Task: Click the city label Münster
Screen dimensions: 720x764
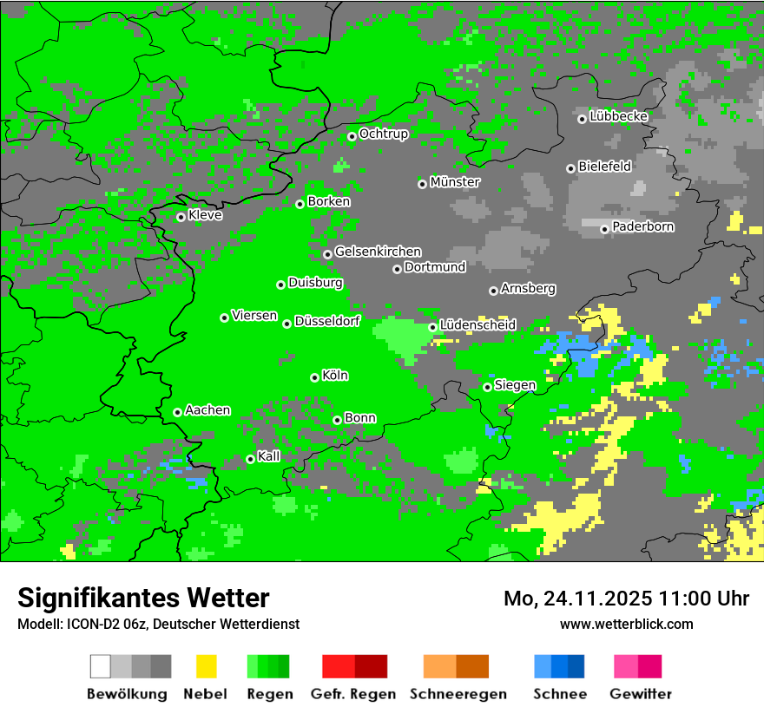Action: tap(455, 182)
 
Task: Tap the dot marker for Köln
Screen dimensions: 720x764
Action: tap(314, 377)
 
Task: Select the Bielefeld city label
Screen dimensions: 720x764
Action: tap(605, 167)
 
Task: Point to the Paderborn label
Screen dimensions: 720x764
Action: tap(643, 227)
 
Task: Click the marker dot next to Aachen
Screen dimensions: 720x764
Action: tap(177, 412)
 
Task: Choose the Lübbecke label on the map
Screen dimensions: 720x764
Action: tap(619, 116)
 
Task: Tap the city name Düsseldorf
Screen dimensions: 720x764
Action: tap(327, 321)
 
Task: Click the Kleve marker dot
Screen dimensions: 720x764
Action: tap(181, 217)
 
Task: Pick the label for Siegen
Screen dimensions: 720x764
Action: tap(515, 385)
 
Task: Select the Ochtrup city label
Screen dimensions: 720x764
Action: tap(384, 134)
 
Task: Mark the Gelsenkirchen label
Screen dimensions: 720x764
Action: tap(378, 252)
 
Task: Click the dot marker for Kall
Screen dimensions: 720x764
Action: tap(250, 459)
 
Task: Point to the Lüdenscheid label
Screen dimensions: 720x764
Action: tap(477, 325)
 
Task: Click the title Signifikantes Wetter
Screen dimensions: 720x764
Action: tap(143, 598)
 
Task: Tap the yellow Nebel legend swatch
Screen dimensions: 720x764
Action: tap(206, 666)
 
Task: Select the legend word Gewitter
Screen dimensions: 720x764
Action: tap(641, 694)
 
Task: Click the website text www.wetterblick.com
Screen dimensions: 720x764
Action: tap(627, 624)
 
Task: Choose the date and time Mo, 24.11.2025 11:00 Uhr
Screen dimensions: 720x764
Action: tap(626, 599)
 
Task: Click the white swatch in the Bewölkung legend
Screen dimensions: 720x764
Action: tap(101, 666)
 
